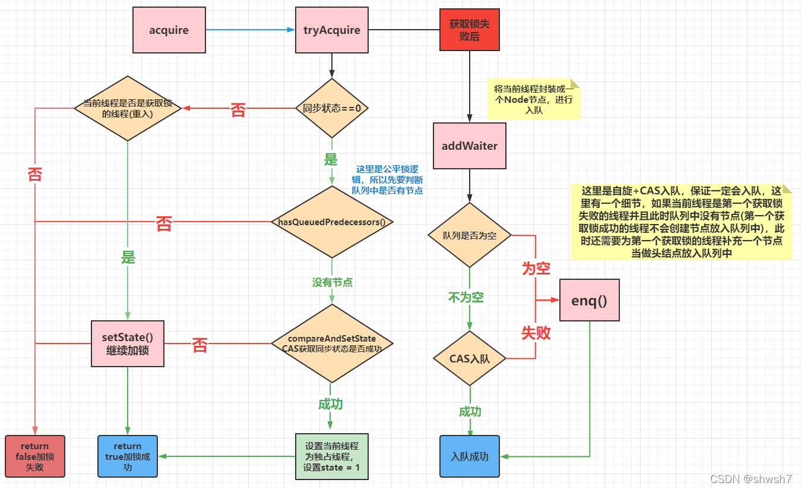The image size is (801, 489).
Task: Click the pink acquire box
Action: [x=169, y=30]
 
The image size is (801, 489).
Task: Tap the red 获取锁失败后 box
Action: [x=469, y=30]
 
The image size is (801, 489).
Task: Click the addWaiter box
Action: [x=469, y=146]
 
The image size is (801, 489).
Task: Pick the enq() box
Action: [x=589, y=300]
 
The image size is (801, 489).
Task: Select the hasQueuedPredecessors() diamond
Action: [x=331, y=222]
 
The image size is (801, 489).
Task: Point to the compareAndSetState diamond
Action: [x=331, y=343]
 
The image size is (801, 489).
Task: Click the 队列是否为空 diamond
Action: [x=469, y=235]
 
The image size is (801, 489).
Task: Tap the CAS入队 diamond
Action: [x=469, y=359]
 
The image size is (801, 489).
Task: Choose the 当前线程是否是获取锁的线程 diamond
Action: [x=128, y=108]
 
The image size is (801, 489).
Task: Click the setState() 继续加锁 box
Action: [x=128, y=343]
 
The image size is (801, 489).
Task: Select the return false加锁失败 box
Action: [x=35, y=456]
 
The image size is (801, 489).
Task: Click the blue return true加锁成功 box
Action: [x=128, y=456]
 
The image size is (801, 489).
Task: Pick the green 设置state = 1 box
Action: [x=331, y=456]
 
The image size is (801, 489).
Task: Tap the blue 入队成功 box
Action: [x=469, y=456]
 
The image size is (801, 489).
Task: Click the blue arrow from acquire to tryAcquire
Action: [x=249, y=30]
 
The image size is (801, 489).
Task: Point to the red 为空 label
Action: [x=536, y=268]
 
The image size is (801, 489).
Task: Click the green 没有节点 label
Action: [x=333, y=282]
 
